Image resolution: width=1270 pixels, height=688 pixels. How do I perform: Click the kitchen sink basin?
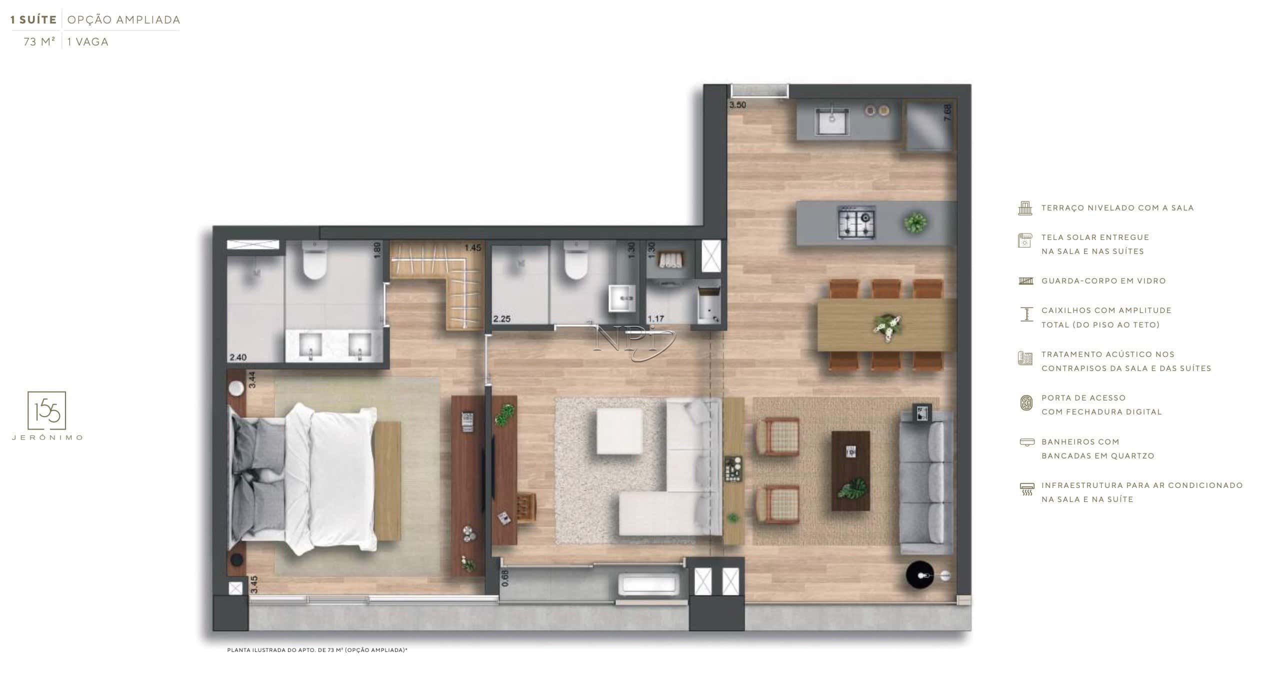click(x=831, y=121)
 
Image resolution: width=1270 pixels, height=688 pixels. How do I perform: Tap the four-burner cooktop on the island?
click(x=856, y=221)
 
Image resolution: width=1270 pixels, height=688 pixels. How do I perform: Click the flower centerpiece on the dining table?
click(x=887, y=327)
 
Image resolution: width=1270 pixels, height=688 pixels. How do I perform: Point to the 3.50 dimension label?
click(x=737, y=105)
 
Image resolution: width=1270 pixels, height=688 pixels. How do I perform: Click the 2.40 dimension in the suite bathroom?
click(x=238, y=357)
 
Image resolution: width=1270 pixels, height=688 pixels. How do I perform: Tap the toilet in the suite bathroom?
click(x=314, y=260)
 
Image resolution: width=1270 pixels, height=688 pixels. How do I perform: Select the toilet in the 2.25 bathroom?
click(x=575, y=260)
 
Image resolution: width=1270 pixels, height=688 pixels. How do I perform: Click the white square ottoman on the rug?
click(x=619, y=431)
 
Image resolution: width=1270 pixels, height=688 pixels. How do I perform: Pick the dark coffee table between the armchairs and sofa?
click(x=850, y=471)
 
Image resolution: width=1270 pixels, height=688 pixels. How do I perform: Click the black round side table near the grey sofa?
click(x=920, y=575)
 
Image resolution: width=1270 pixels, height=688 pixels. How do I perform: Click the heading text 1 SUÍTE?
click(x=33, y=20)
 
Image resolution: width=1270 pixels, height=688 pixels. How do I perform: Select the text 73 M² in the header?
click(x=39, y=42)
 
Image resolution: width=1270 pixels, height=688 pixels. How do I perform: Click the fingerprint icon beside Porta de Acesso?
click(x=1026, y=403)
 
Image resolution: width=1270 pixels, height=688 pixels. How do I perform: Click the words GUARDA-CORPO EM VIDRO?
click(x=1103, y=281)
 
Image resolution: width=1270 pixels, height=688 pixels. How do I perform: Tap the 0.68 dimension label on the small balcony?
click(x=505, y=578)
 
